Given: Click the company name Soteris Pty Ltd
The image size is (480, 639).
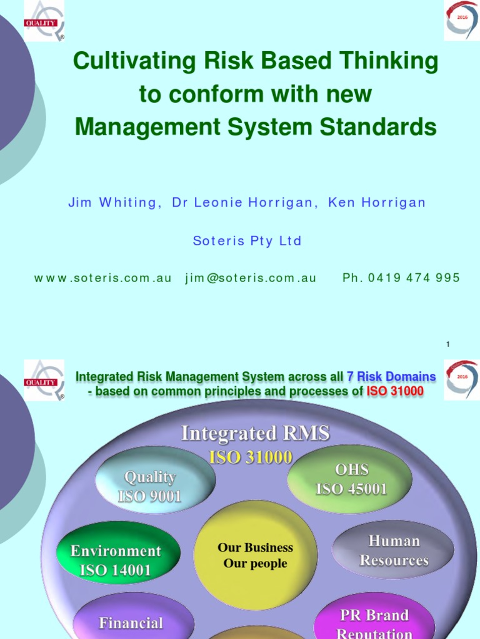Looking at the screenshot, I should point(247,241).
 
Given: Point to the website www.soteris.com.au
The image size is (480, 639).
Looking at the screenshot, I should point(102,278).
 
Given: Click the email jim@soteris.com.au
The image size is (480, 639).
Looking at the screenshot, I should point(251,278).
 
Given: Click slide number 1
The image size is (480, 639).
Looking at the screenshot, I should point(448,344).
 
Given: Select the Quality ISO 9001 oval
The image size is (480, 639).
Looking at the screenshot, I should point(151,486).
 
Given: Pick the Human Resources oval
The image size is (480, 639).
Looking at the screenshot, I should point(394,550).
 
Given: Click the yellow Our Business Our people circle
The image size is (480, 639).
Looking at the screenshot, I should point(256,555).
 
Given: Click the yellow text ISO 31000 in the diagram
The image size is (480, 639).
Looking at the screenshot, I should point(251,457).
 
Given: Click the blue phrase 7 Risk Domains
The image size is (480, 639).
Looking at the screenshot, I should point(391,376).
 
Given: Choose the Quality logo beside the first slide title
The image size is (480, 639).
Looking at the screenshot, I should point(44,21).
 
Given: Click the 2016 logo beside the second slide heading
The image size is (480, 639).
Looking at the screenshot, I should point(462,379).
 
